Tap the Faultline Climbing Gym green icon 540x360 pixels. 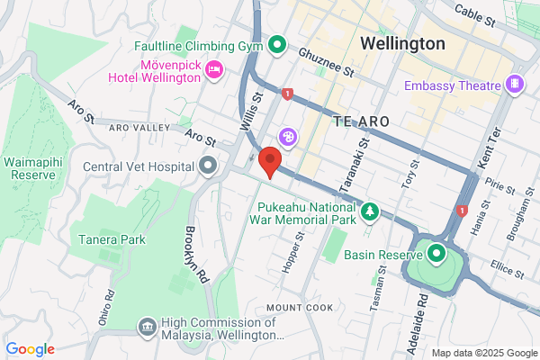click(x=278, y=43)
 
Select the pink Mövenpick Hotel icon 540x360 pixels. click(x=214, y=69)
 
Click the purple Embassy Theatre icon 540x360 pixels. click(x=515, y=85)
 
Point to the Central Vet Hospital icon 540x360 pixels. click(x=209, y=166)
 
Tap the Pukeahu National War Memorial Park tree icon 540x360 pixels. click(x=370, y=211)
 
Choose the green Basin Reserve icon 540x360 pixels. click(x=436, y=253)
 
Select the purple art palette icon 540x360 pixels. click(x=288, y=137)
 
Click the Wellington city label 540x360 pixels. click(x=402, y=43)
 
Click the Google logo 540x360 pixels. click(x=30, y=349)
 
